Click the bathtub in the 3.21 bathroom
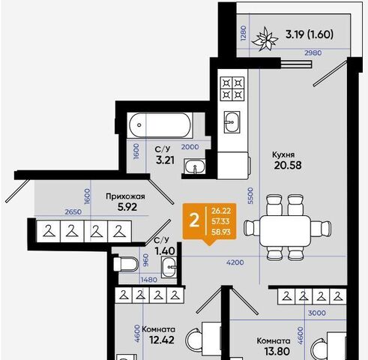coord(160,125)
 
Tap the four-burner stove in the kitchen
coord(232,88)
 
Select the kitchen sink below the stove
coord(232,122)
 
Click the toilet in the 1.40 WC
coord(126,264)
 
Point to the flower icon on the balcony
coord(265,39)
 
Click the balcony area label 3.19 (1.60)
coord(310,34)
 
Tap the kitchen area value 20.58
coord(288,165)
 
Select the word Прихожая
coord(125,196)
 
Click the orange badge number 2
coord(194,221)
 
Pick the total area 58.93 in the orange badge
coord(221,232)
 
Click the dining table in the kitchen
coord(286,231)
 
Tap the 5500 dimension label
coord(250,196)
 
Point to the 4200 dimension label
coord(235,262)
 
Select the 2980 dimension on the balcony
coord(313,52)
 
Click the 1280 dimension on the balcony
coord(243,33)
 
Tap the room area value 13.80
coord(277,351)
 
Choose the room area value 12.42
coord(162,340)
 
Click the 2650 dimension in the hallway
coord(73,212)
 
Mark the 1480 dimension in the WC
coord(149,280)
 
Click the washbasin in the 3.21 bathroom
coord(195,166)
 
